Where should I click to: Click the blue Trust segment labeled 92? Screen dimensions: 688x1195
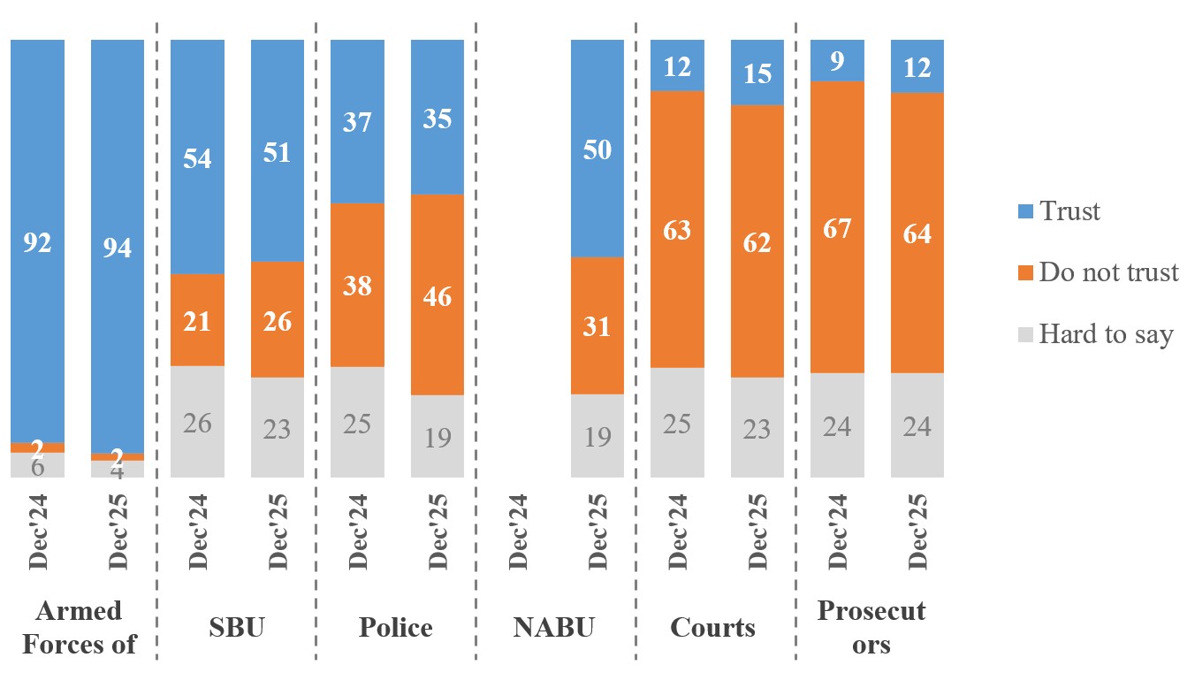tap(37, 241)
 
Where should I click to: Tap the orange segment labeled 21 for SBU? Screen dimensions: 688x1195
tap(197, 319)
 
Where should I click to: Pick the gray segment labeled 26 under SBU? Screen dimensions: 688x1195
tap(197, 422)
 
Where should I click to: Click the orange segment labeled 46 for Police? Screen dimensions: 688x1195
tap(438, 294)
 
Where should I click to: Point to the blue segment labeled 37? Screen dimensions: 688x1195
tap(357, 121)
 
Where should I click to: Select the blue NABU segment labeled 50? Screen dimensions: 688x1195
tap(597, 149)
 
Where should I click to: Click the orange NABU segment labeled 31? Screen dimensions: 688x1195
tap(597, 325)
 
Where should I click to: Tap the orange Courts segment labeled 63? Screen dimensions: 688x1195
tap(677, 229)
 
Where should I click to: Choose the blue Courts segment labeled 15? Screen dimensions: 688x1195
tap(757, 73)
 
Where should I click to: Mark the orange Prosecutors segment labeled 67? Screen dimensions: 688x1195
tap(837, 226)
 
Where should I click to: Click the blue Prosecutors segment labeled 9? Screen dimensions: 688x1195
tap(837, 60)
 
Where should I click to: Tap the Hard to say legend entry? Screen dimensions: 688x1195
tap(1106, 334)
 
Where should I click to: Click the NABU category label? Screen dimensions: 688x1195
tap(554, 627)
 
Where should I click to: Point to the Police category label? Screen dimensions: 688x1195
tap(395, 627)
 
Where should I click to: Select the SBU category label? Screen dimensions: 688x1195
tap(236, 627)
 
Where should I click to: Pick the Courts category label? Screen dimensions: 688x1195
tap(713, 627)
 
